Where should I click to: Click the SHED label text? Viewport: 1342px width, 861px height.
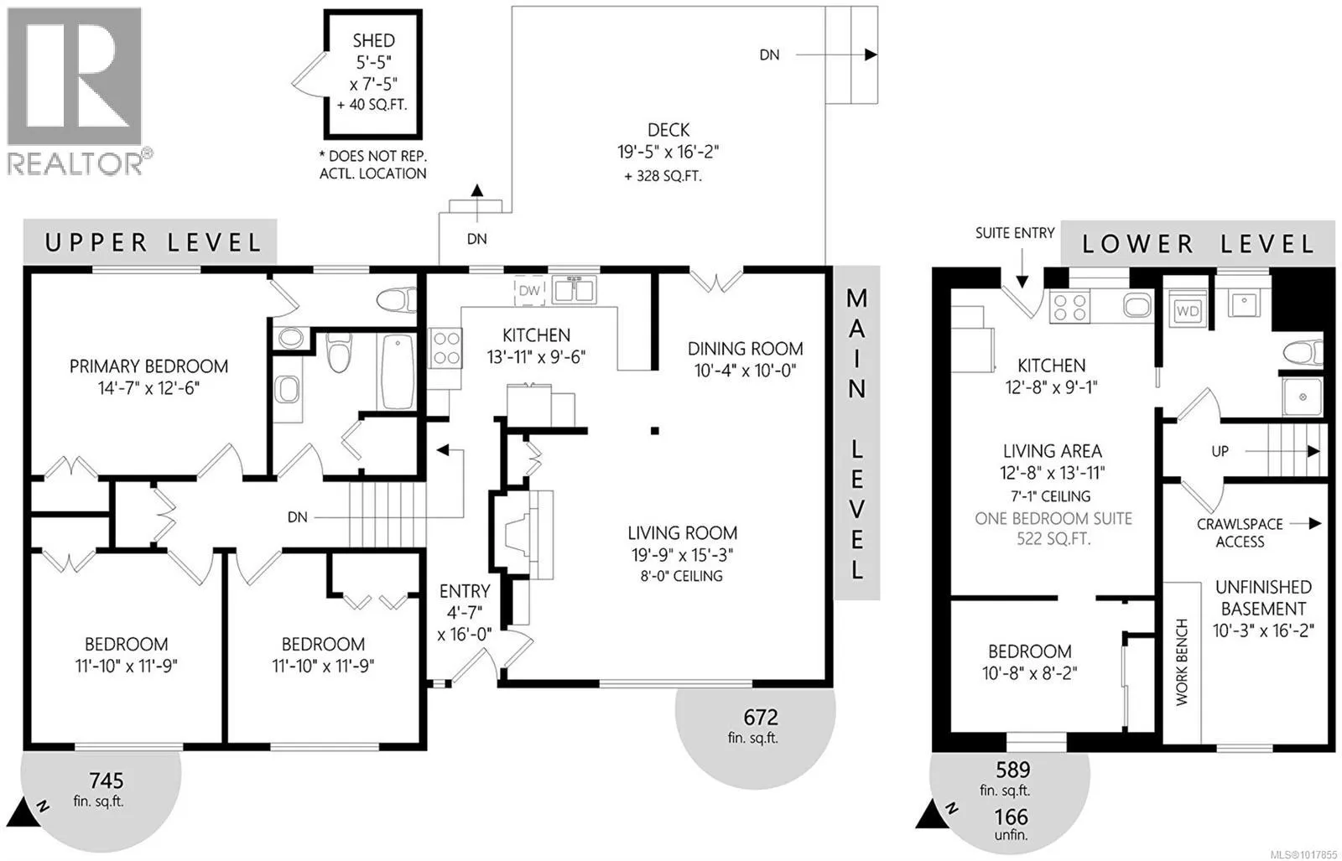374,41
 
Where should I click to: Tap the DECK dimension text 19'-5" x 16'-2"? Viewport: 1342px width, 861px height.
668,152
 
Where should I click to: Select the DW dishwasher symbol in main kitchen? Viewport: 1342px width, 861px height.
529,291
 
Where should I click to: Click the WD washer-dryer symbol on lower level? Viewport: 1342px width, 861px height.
1188,311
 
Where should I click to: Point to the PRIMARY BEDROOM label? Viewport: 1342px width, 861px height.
148,366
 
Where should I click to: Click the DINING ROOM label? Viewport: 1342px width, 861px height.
746,349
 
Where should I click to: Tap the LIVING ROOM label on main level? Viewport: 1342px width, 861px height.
683,533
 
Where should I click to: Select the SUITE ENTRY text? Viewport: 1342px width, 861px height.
1015,233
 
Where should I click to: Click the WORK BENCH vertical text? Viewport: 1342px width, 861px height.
1182,662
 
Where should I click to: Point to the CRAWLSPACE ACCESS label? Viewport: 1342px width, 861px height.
1241,533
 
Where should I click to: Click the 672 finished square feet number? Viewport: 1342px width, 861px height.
761,718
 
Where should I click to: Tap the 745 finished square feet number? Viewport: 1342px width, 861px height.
106,781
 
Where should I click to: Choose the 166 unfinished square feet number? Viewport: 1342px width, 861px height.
1012,817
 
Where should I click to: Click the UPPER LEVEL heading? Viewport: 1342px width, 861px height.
153,242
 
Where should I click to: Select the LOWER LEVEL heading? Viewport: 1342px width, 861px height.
1199,244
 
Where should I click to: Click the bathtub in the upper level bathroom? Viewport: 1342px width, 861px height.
397,371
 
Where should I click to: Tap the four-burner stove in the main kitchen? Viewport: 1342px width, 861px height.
445,348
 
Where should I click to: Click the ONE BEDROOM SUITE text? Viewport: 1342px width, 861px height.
1053,518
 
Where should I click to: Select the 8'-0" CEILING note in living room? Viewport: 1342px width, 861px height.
682,576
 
